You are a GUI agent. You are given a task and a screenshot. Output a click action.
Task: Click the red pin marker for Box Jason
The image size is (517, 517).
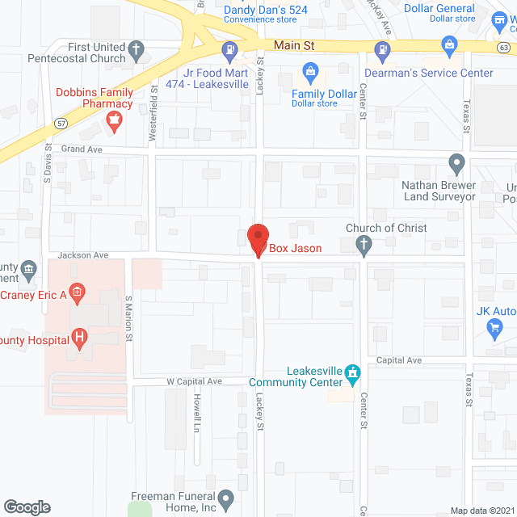click(257, 239)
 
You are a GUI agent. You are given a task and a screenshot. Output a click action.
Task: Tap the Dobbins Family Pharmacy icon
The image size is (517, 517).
click(115, 122)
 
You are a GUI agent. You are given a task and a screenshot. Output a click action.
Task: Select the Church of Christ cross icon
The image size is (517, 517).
click(364, 246)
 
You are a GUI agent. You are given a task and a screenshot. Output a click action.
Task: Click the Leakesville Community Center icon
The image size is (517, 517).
click(352, 372)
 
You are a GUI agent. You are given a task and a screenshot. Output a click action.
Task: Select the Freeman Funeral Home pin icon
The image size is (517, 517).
click(226, 498)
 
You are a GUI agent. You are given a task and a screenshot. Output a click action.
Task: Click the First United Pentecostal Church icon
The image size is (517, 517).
click(137, 51)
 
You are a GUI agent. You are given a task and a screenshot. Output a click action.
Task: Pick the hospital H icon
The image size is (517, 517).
click(79, 337)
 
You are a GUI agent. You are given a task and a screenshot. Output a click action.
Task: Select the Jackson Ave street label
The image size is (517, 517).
click(89, 254)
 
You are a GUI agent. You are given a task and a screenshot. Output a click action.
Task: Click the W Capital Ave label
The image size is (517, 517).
click(194, 380)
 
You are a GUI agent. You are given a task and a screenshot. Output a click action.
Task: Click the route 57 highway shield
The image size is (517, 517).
click(61, 123)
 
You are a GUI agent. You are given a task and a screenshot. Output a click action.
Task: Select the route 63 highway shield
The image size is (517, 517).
click(503, 48)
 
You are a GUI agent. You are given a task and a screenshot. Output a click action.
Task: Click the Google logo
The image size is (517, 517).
click(27, 507)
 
